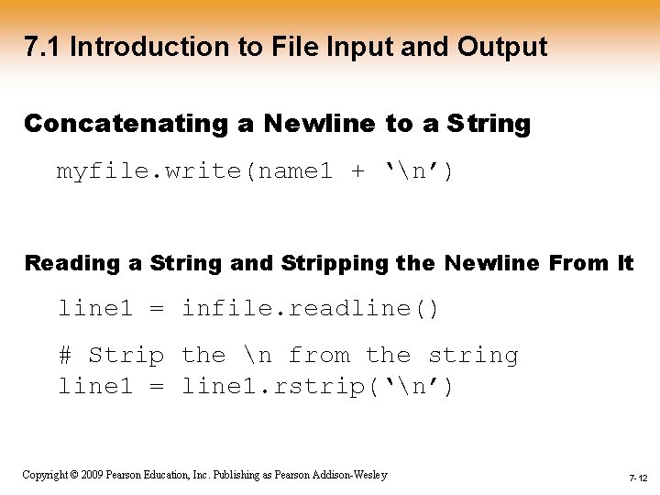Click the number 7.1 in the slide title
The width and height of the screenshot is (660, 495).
point(42,47)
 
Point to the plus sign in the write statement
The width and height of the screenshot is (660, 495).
point(357,170)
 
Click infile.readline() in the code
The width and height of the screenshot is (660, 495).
point(310,309)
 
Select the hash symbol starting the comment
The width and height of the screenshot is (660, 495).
point(65,355)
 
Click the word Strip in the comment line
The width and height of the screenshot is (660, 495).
point(126,355)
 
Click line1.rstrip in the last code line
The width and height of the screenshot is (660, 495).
point(265,387)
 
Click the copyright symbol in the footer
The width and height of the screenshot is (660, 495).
point(74,475)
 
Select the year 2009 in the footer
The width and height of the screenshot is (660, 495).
point(93,475)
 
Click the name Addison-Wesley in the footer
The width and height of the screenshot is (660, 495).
point(352,475)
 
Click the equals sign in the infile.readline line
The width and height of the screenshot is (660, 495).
point(157,309)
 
